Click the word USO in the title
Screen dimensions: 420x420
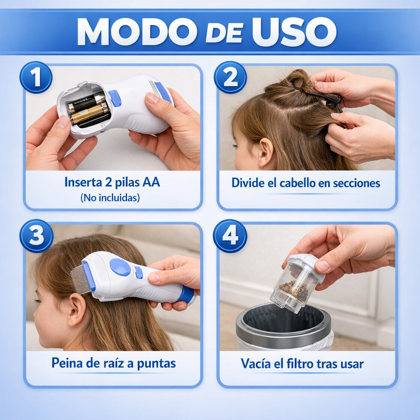click(x=294, y=32)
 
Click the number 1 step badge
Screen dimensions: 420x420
click(x=36, y=78)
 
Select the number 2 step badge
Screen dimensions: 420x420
click(x=230, y=78)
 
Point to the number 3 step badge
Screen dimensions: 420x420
click(x=36, y=236)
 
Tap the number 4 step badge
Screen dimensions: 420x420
click(x=230, y=236)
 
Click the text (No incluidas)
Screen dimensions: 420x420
click(x=110, y=197)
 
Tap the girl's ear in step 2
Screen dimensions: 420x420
click(x=265, y=152)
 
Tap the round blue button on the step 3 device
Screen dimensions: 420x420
click(x=120, y=267)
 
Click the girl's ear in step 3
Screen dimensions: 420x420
click(x=77, y=310)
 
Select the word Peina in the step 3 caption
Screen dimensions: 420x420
click(x=66, y=363)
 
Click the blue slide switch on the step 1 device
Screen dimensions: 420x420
click(x=115, y=98)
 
